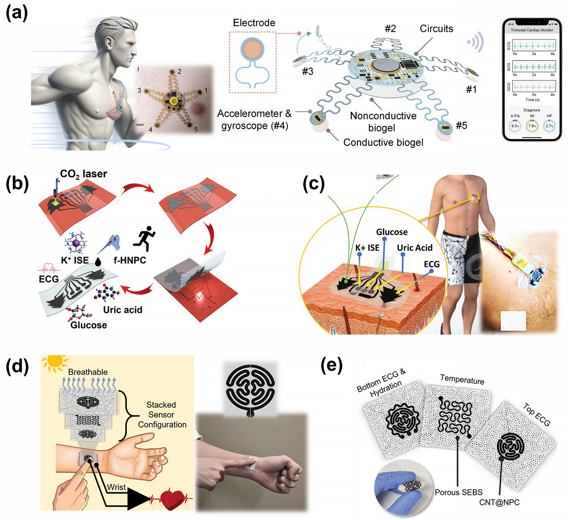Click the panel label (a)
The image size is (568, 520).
coord(16,13)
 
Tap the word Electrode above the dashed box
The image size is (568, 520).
coord(254,23)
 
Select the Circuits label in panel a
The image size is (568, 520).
coord(436,29)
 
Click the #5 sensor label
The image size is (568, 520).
coord(461,125)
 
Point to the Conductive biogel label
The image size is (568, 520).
coord(383,142)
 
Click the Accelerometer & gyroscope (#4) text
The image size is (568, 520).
coord(254,120)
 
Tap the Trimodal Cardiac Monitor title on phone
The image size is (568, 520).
coord(532,30)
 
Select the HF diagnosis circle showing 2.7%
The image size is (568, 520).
coord(549,126)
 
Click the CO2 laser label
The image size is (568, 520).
coord(84,174)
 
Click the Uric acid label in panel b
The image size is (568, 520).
coord(122,310)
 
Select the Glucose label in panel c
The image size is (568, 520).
coord(392,232)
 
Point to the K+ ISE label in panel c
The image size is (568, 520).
coord(367,248)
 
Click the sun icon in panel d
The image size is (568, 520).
coord(55,362)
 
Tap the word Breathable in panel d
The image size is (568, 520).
coord(88,372)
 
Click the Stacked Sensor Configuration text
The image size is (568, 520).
coord(162,415)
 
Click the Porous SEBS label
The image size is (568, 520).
coord(458,492)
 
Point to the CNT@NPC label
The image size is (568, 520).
coord(499,502)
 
